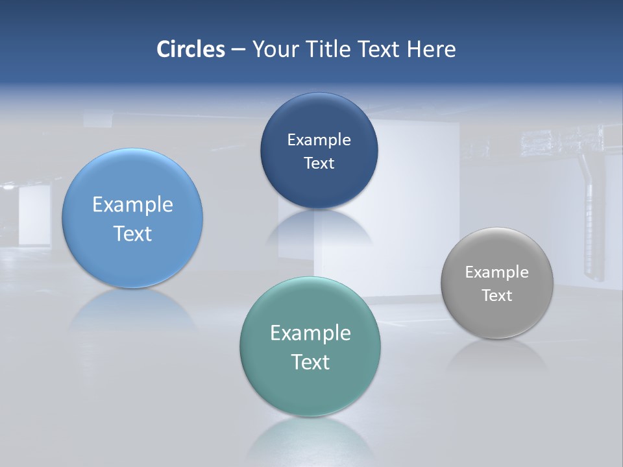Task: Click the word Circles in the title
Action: [x=190, y=49]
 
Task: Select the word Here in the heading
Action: [x=431, y=49]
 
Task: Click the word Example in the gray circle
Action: [x=497, y=272]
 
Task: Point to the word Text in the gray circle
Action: [x=497, y=296]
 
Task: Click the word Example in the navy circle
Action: [x=319, y=140]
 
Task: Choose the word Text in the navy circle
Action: [x=319, y=163]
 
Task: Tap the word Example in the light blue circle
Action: [x=132, y=205]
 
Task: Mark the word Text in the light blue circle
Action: [x=132, y=233]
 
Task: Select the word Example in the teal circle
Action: [x=310, y=333]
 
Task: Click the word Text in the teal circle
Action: [x=310, y=362]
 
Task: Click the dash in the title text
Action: [x=238, y=49]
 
